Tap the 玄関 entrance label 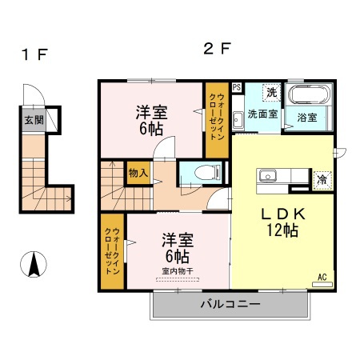33,121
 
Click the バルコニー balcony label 230,305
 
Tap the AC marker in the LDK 323,277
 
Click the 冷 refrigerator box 320,179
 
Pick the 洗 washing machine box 271,93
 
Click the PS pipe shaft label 237,87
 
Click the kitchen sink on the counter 267,176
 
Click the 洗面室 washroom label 262,114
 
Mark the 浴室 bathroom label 307,118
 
